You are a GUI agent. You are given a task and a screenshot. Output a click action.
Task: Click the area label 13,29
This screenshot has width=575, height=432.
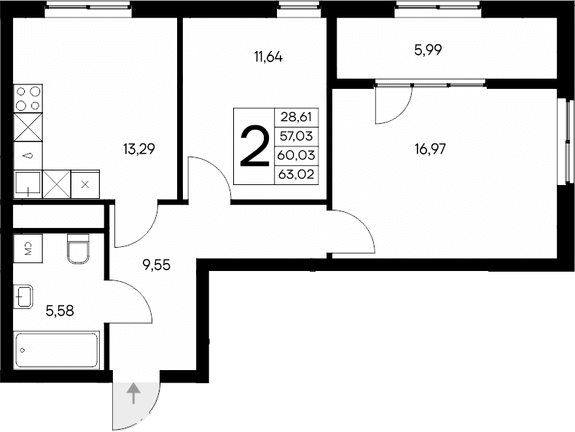tap(138, 150)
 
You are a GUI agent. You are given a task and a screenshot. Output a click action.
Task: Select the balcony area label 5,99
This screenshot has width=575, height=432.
tap(429, 50)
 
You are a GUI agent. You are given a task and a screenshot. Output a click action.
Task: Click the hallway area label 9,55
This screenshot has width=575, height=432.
tap(156, 265)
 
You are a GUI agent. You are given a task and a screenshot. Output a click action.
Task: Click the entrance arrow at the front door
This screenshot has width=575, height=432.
tap(133, 394)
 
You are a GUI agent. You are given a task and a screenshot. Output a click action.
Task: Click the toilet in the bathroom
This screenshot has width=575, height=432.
tap(77, 248)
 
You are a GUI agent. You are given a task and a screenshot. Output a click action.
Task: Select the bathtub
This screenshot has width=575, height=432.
tap(57, 351)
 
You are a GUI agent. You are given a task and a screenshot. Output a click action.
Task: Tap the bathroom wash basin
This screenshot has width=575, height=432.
tap(23, 297)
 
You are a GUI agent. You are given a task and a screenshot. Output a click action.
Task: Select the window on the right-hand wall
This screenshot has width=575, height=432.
tap(565, 139)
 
